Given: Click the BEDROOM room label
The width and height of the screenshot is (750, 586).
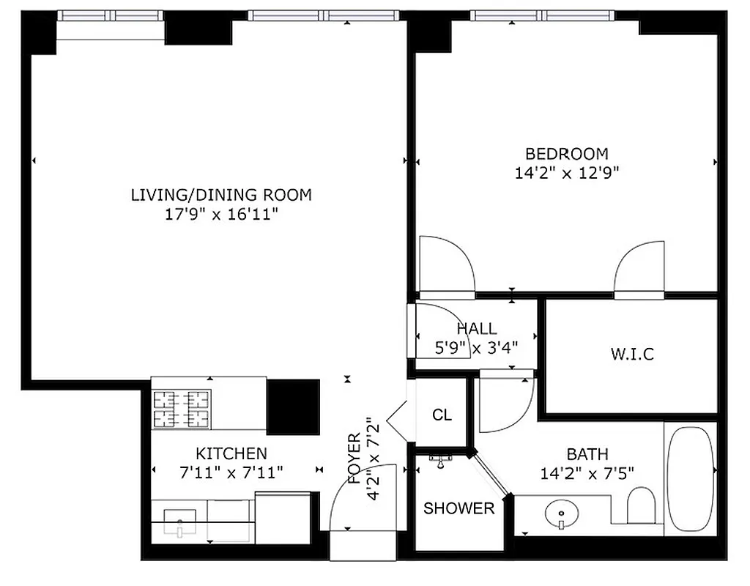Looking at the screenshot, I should [566, 154].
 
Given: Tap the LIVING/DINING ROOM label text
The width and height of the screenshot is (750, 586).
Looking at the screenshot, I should [221, 195].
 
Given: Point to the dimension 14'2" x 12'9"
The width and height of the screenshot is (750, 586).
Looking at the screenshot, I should [566, 174].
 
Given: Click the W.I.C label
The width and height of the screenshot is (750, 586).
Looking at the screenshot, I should [631, 355].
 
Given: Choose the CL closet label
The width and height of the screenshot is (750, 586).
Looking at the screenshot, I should [442, 415].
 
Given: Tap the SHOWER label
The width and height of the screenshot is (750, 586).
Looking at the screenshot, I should [458, 508].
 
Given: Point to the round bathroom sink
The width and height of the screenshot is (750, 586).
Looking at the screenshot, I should [560, 514].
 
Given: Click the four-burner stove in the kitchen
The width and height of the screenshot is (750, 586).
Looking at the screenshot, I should [181, 409].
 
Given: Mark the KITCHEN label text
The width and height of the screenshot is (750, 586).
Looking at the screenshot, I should [231, 453].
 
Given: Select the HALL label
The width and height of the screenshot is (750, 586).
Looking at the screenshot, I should [476, 329].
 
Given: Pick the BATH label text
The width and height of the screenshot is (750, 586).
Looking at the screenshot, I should [587, 454].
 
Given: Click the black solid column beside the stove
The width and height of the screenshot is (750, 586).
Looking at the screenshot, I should [292, 407].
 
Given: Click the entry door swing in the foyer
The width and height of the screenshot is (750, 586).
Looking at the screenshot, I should [361, 498].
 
